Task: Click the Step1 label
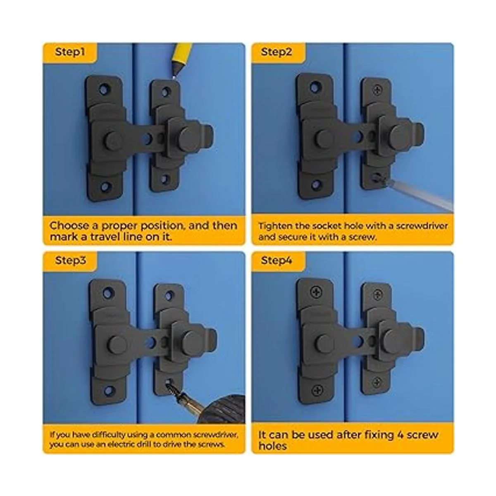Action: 70,52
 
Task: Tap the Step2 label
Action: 277,52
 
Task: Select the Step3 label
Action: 70,260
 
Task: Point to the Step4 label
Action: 277,260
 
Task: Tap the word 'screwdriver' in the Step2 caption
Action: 422,226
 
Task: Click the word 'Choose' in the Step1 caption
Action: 69,226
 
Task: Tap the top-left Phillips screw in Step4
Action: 316,292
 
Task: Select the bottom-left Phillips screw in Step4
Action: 317,391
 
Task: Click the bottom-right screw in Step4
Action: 377,382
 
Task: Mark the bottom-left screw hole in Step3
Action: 109,391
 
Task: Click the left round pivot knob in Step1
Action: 114,141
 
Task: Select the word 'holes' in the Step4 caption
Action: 272,446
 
